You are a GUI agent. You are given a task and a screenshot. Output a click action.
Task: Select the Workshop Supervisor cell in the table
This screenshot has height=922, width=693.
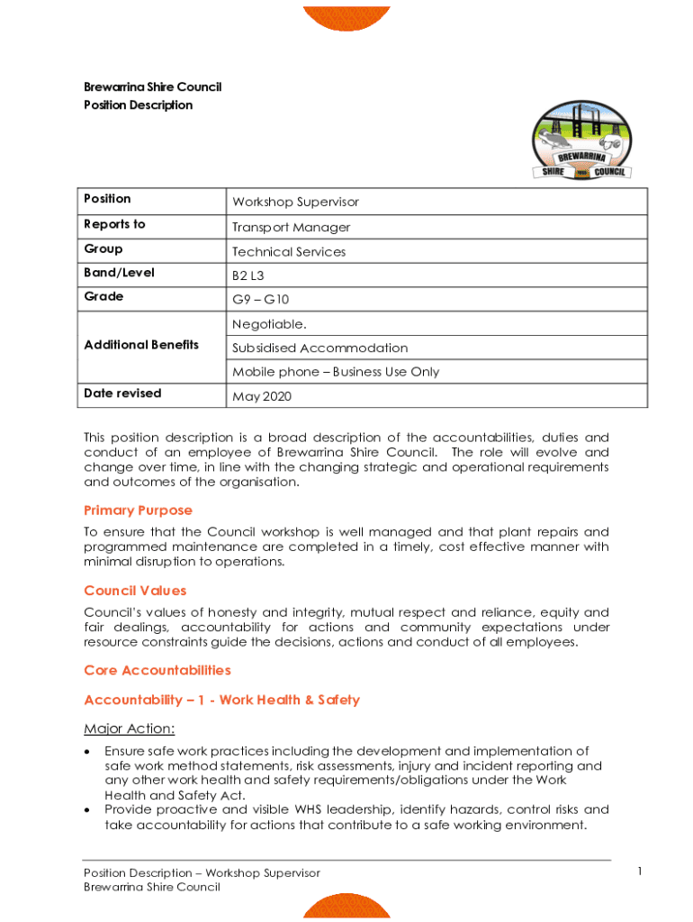point(295,203)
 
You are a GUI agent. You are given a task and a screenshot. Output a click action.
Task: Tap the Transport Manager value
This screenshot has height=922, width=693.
point(291,228)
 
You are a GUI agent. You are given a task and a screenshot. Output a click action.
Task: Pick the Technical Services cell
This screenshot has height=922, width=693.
point(288,252)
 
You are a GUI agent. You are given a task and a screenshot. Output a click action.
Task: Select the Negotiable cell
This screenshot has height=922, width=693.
point(268,324)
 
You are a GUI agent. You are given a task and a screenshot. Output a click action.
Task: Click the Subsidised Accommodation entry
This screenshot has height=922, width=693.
point(319,348)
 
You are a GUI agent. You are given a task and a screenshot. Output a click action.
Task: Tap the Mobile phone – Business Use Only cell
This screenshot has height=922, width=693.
point(336,371)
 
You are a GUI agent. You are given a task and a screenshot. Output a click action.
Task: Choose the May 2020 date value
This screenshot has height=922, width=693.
point(262,396)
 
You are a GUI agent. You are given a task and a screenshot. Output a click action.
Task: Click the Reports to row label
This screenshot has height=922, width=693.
point(114,224)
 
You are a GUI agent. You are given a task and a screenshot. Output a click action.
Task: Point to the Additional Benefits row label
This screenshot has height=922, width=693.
point(141,345)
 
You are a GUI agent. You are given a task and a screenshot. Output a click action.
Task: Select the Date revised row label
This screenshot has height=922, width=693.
point(122,393)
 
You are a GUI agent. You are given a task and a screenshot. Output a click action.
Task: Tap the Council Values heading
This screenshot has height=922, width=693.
point(135,591)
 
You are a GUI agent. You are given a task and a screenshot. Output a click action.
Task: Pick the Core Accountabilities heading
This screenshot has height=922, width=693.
point(157,671)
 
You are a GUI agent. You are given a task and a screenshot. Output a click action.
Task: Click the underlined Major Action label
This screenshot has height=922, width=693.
point(129,728)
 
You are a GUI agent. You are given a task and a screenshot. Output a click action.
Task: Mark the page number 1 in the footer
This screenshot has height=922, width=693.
point(638,871)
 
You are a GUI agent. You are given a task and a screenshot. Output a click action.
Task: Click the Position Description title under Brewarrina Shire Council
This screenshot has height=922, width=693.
point(138,105)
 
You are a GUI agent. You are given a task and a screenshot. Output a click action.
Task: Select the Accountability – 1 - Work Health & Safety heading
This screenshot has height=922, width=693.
point(221,700)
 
